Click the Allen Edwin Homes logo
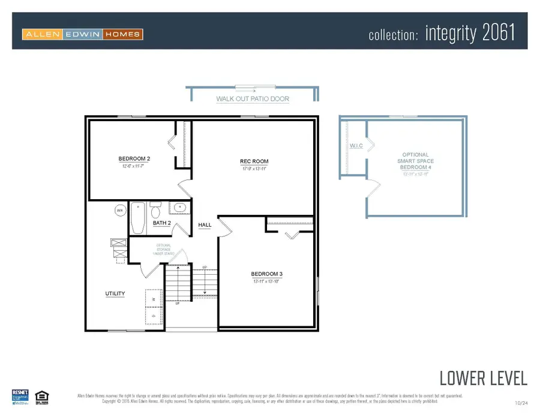tap(83, 34)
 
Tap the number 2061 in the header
tap(499, 34)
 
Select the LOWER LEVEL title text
tap(483, 378)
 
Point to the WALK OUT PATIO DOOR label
tap(253, 98)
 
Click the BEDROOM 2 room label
tap(134, 158)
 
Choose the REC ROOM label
tap(254, 161)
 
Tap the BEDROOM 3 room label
tap(266, 274)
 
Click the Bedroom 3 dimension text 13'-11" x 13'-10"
tap(266, 281)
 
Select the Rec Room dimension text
tap(254, 169)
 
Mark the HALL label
tap(205, 225)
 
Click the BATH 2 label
tap(162, 223)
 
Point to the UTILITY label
tap(115, 293)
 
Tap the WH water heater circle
tap(119, 211)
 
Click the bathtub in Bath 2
tap(138, 218)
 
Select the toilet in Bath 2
tap(156, 211)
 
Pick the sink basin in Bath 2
tap(179, 208)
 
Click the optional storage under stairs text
tap(164, 249)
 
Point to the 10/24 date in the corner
tap(521, 402)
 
